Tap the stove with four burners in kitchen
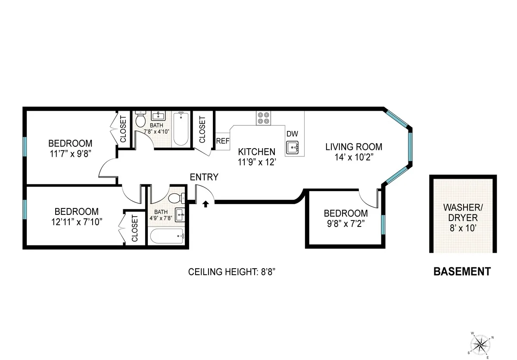coord(264,118)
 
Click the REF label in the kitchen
coord(222,141)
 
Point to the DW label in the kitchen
coord(292,134)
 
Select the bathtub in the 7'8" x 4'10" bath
coord(181,128)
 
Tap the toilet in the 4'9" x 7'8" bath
coord(175,199)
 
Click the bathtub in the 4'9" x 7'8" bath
coord(168,236)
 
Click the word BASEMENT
coord(461,272)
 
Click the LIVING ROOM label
coord(353,147)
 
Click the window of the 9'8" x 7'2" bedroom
coord(383,224)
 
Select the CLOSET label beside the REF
coord(202,130)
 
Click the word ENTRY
coord(204,177)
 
